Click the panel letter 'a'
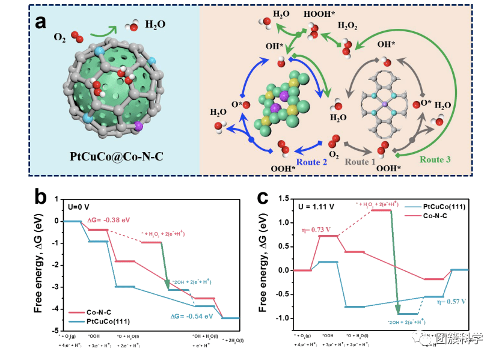click(40, 22)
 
